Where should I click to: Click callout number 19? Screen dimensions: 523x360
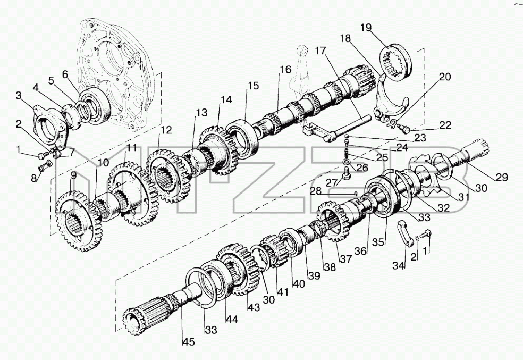(x=366, y=27)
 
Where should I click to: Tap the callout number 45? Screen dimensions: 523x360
(x=189, y=341)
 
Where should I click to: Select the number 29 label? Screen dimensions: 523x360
(x=501, y=177)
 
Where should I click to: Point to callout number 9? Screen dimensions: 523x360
(x=73, y=175)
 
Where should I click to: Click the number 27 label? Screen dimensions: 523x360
(x=332, y=183)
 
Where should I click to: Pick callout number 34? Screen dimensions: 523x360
(x=399, y=265)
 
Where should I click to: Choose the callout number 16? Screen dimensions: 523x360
(x=285, y=70)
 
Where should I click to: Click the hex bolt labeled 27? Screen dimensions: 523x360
(x=346, y=174)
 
